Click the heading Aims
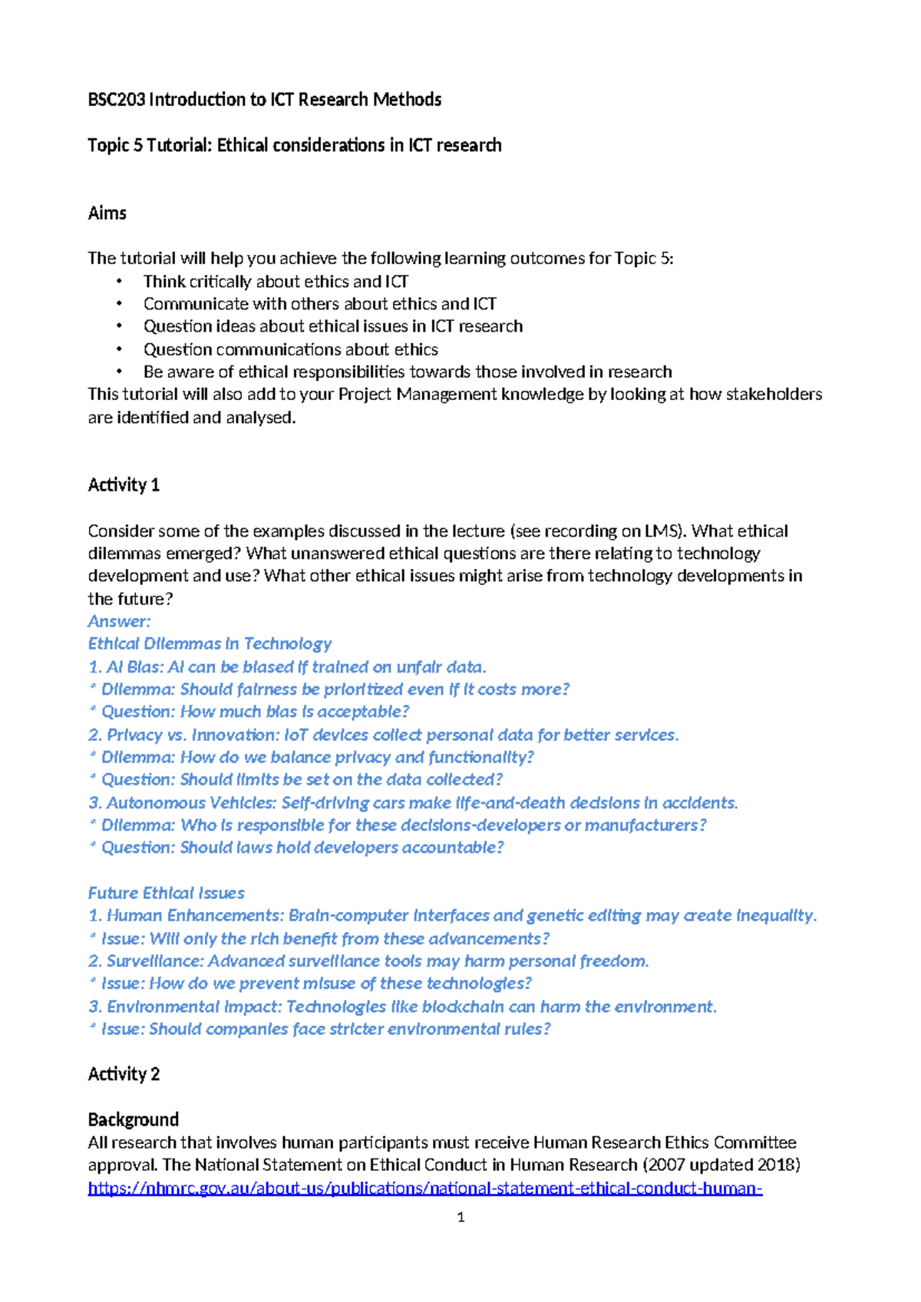tap(107, 213)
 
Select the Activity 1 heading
tap(124, 485)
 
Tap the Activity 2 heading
tap(124, 1074)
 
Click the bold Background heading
tap(134, 1119)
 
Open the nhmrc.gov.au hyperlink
tap(424, 1188)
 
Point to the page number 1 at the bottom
tap(460, 1217)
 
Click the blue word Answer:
tap(119, 621)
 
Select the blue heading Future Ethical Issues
tap(166, 893)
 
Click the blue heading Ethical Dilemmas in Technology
tap(210, 643)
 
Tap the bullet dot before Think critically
tap(119, 282)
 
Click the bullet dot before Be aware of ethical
tap(119, 372)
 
